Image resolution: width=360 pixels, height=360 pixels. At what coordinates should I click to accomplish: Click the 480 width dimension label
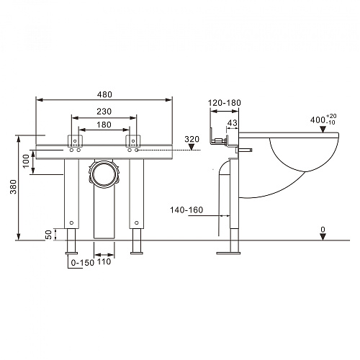point(104,94)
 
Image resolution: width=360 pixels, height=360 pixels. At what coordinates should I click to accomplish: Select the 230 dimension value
point(104,112)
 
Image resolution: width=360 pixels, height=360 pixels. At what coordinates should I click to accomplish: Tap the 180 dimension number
point(104,125)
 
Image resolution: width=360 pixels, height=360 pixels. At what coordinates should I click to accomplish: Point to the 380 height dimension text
point(13,186)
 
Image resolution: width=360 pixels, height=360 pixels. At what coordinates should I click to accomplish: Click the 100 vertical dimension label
point(26,161)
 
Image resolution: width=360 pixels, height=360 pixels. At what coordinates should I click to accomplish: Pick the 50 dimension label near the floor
point(48,235)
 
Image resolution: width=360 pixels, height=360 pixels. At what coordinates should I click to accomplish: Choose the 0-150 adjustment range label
point(83,263)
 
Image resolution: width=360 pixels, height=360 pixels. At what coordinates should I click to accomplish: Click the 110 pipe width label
point(104,261)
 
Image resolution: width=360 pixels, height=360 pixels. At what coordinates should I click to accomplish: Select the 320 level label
point(192,139)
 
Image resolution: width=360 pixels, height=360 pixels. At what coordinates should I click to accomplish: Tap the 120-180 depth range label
point(225,103)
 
